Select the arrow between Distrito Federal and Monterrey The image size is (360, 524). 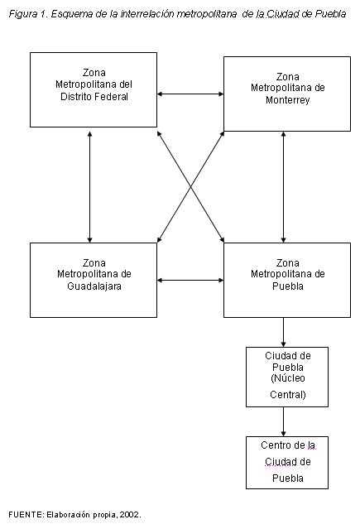pyautogui.click(x=190, y=94)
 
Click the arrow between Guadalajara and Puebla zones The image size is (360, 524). pyautogui.click(x=190, y=280)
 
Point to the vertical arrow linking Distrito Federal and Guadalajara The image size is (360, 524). pyautogui.click(x=89, y=187)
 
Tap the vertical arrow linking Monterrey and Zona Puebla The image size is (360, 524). pyautogui.click(x=284, y=187)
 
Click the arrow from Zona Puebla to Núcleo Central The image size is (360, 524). pyautogui.click(x=284, y=332)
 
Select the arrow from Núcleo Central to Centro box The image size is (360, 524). pyautogui.click(x=284, y=421)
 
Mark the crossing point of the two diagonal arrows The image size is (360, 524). pyautogui.click(x=190, y=187)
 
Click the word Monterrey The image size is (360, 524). pyautogui.click(x=288, y=100)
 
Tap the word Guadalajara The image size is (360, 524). pyautogui.click(x=94, y=286)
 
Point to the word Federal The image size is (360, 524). pyautogui.click(x=111, y=97)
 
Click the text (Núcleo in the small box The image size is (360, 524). pyautogui.click(x=288, y=378)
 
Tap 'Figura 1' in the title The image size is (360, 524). pyautogui.click(x=28, y=14)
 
